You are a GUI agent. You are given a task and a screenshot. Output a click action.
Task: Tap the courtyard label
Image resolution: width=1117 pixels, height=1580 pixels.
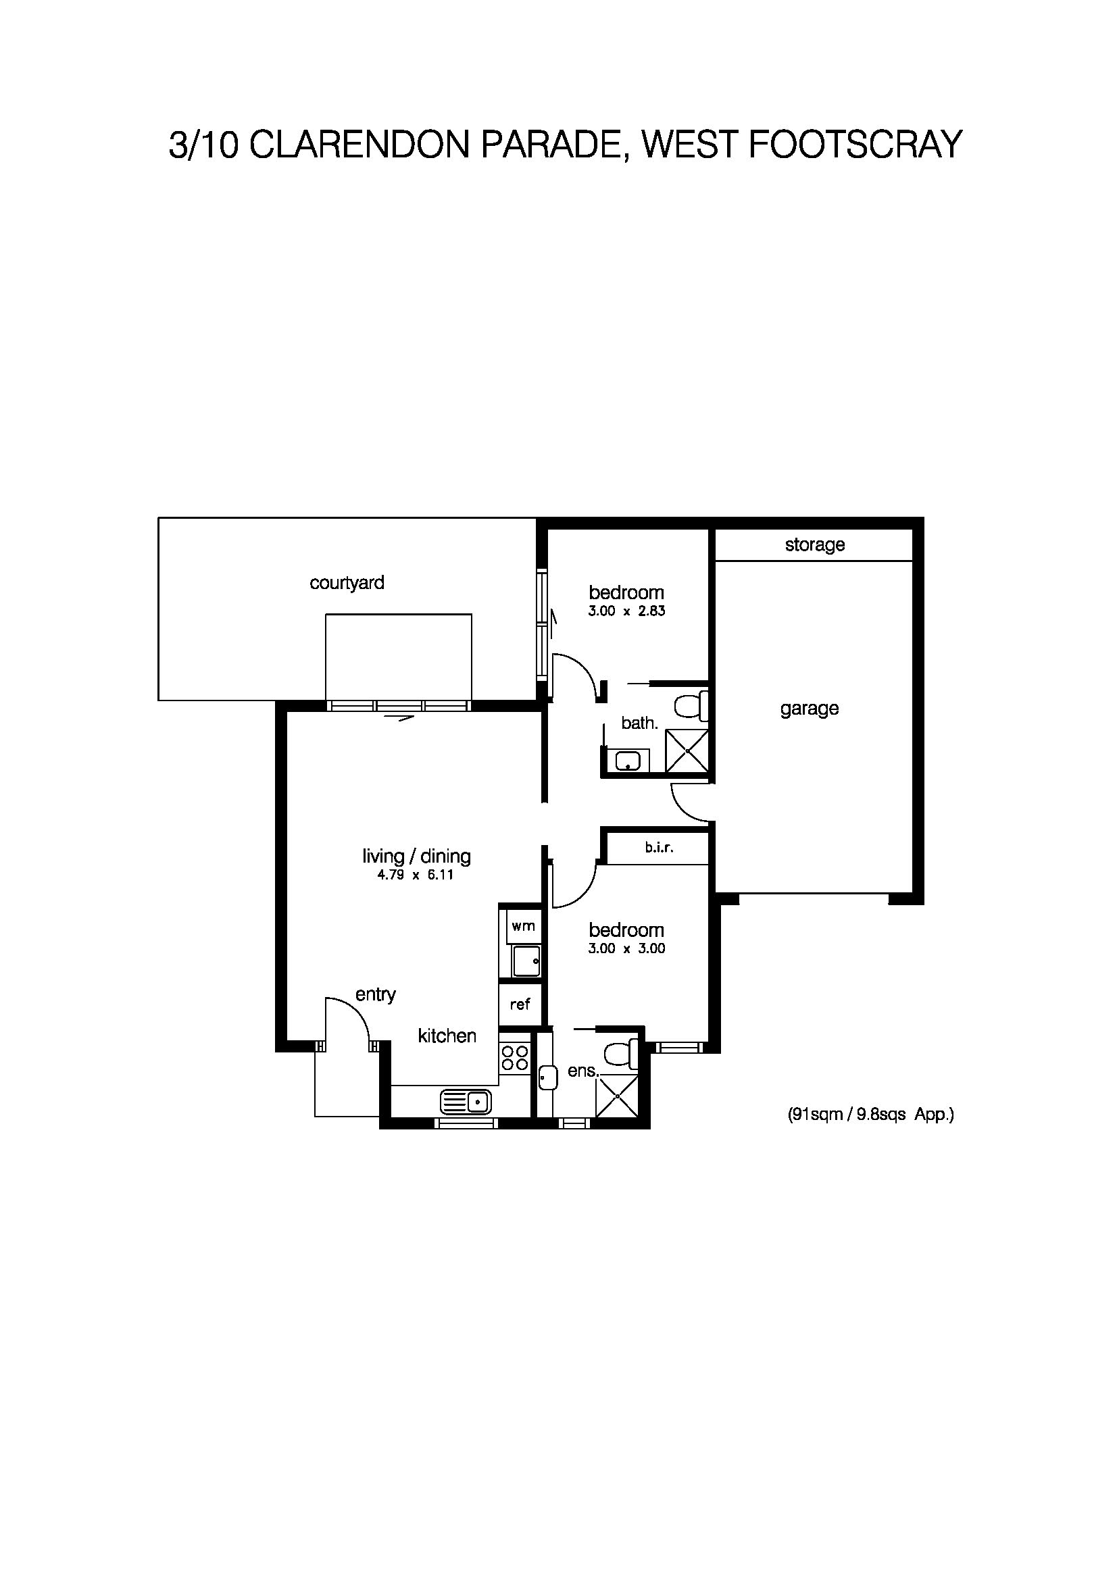pyautogui.click(x=347, y=583)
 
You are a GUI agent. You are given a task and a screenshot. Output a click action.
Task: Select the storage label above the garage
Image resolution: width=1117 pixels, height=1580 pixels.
pyautogui.click(x=814, y=545)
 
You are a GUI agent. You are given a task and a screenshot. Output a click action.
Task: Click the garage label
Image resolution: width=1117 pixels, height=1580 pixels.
pyautogui.click(x=810, y=708)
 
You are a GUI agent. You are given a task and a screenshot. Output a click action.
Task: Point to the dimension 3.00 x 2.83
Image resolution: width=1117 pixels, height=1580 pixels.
pyautogui.click(x=626, y=611)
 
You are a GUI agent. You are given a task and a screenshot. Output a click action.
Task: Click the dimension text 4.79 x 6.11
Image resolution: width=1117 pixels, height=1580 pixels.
pyautogui.click(x=416, y=876)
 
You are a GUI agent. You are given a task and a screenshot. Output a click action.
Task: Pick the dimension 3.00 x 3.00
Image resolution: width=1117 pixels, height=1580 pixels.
pyautogui.click(x=626, y=948)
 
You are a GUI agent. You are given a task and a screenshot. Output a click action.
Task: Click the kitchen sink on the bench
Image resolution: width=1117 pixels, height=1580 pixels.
pyautogui.click(x=464, y=1102)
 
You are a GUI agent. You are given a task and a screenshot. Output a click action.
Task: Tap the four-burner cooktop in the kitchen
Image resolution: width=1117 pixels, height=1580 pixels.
pyautogui.click(x=515, y=1058)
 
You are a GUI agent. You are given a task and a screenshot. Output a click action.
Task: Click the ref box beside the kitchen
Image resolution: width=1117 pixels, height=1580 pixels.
pyautogui.click(x=520, y=1004)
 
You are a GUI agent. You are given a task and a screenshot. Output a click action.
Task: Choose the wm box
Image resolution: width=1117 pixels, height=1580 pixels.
pyautogui.click(x=523, y=925)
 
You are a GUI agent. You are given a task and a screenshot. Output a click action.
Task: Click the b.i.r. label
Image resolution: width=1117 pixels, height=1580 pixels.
pyautogui.click(x=659, y=848)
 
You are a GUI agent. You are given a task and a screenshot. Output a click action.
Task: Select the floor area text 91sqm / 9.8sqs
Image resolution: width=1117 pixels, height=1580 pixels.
pyautogui.click(x=870, y=1114)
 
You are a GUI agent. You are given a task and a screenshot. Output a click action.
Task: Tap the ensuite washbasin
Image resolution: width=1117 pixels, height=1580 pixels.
pyautogui.click(x=547, y=1077)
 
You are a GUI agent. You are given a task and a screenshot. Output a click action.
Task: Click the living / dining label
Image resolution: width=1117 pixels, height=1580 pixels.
pyautogui.click(x=416, y=856)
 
